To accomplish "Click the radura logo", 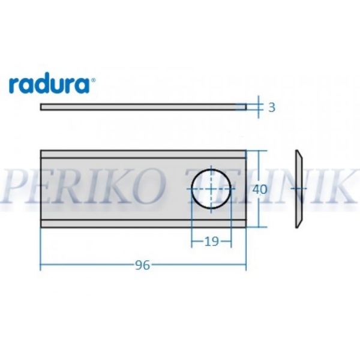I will tap(51, 84).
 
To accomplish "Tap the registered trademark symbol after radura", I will tap(92, 79).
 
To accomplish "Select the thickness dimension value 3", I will tap(271, 107).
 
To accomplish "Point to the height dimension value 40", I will tap(259, 189).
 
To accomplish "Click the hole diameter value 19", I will tap(211, 241).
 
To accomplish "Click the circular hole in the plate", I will tap(211, 188).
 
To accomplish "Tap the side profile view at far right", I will tap(298, 188).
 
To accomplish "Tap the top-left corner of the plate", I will tap(41, 151).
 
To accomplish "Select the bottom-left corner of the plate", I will tap(41, 226).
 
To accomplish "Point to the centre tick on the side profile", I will tap(298, 188).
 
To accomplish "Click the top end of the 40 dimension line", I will tap(259, 151).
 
